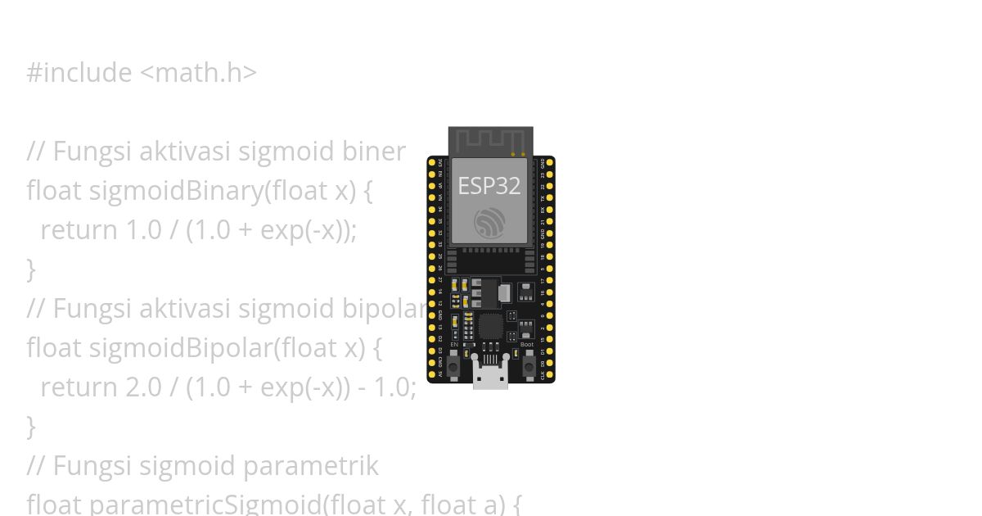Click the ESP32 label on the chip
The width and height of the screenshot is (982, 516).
489,186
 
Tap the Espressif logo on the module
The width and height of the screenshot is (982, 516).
489,223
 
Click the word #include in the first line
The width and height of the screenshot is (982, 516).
79,73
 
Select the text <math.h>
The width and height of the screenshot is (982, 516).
199,73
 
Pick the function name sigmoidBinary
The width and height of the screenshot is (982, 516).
175,191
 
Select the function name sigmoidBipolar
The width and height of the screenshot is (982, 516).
179,348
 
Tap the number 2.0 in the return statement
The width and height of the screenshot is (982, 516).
143,387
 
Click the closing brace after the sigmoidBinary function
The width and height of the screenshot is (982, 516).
31,269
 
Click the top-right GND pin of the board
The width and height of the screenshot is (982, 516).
550,162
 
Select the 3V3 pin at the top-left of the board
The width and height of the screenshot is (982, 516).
432,162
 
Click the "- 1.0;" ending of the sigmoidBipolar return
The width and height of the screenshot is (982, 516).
388,387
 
